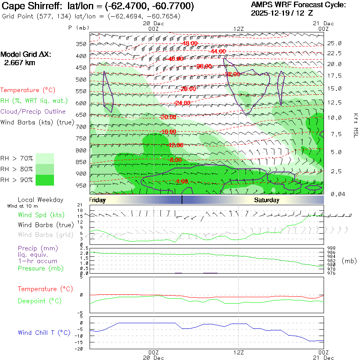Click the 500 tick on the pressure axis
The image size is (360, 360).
point(81,80)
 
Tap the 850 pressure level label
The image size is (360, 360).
point(81,162)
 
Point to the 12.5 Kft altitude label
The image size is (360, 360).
point(334,103)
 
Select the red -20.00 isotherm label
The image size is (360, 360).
point(168,117)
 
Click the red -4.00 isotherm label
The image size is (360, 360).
point(182,181)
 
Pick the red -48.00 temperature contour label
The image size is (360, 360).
point(190,43)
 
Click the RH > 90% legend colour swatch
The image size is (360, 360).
point(45,180)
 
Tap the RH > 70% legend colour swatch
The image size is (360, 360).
point(45,158)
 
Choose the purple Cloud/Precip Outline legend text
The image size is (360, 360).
point(33,112)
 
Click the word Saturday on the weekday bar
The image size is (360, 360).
point(266,200)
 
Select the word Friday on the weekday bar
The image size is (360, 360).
point(97,200)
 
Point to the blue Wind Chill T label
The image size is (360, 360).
point(44,332)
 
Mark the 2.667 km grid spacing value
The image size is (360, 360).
point(20,63)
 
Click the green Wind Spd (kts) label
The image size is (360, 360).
point(41,215)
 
